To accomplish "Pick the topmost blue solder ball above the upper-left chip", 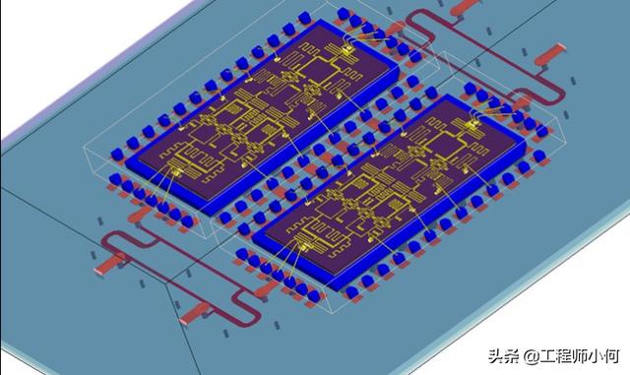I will [x=342, y=14].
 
